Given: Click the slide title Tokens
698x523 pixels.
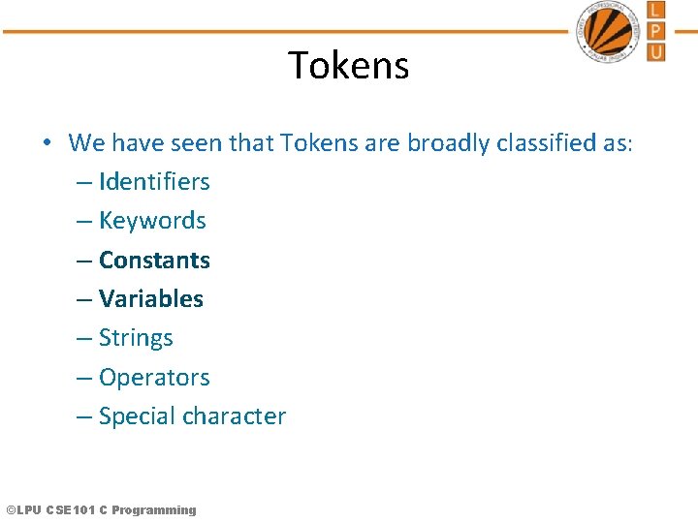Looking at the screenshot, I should click(x=349, y=66).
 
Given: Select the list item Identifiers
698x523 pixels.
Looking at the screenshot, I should click(x=154, y=182).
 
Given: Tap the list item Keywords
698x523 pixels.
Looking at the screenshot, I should click(x=152, y=221).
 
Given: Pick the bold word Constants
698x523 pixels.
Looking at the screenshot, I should click(x=154, y=261).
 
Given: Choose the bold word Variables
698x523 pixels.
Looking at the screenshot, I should click(x=151, y=299).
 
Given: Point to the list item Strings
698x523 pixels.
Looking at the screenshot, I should click(x=136, y=338).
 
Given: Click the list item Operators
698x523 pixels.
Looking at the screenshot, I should click(x=154, y=378).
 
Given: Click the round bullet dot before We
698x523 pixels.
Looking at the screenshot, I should click(x=47, y=143).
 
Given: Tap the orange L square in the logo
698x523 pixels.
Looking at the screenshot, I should click(x=656, y=11).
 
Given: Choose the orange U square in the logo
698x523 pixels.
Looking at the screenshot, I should click(x=656, y=51).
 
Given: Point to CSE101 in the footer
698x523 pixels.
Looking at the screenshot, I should click(x=71, y=510).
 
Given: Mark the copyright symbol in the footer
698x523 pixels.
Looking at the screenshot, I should click(x=11, y=510).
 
